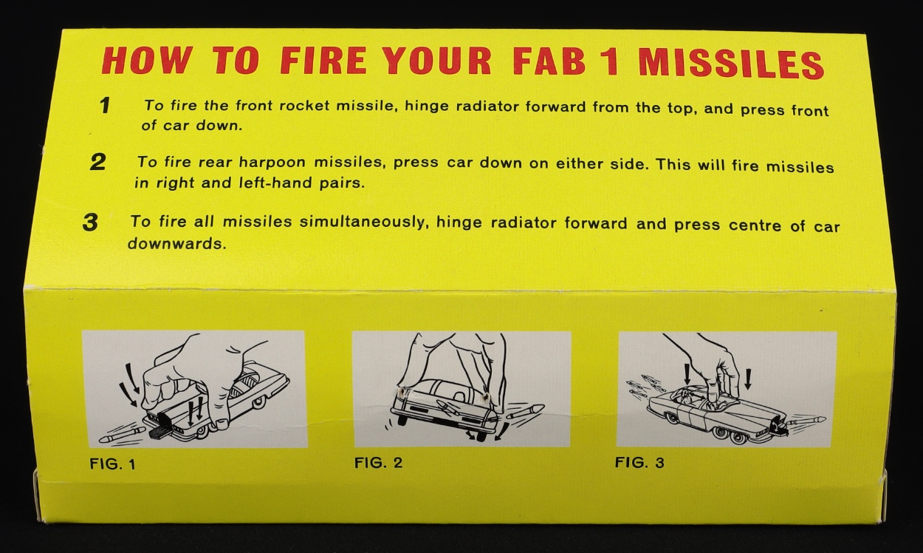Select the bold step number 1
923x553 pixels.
point(105,106)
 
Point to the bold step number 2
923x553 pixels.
point(97,162)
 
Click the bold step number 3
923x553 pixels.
point(90,223)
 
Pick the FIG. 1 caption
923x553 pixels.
point(112,464)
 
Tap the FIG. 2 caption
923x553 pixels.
point(378,463)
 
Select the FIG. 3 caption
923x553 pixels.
point(639,462)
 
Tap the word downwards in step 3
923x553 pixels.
point(177,243)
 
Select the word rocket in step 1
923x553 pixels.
point(304,106)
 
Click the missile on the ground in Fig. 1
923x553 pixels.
point(123,435)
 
